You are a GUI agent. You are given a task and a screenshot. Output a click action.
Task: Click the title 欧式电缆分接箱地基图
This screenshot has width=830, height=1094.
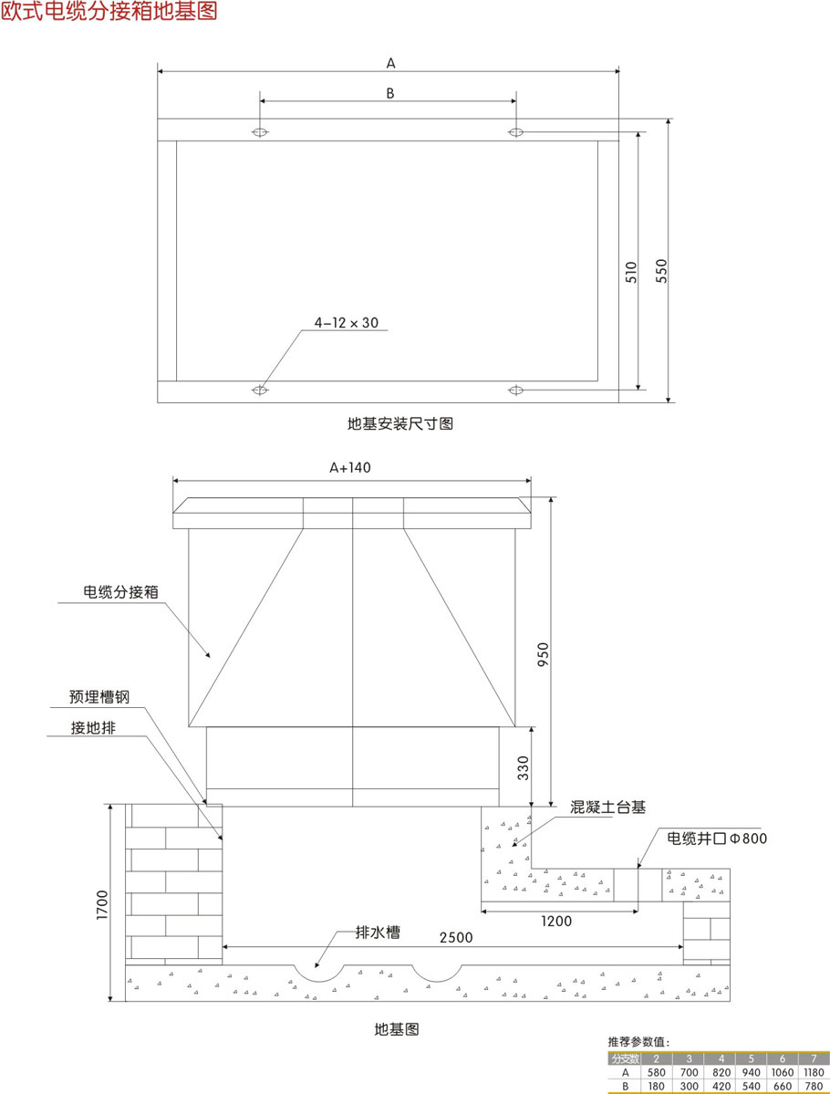coord(109,13)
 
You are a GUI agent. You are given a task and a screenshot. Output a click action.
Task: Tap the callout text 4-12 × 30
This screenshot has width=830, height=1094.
coord(346,322)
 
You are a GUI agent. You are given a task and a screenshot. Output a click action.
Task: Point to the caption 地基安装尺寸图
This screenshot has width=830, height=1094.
coord(400,423)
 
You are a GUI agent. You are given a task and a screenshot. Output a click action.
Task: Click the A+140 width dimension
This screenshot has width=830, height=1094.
coord(350,466)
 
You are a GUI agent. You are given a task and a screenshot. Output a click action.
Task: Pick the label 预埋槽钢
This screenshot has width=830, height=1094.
coord(99,696)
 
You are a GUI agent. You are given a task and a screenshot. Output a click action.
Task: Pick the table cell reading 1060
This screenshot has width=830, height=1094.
coord(782,1072)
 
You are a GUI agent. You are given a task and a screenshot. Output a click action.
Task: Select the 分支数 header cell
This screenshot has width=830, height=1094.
coord(625,1058)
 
